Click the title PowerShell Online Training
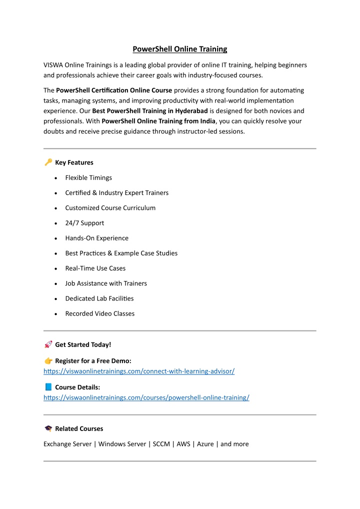179,49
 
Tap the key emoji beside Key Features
48,162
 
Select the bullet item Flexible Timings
88,177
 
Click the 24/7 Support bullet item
84,223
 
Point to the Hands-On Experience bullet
96,238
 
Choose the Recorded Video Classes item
99,313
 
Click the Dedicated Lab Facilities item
99,298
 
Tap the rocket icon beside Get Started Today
48,344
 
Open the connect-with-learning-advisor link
139,371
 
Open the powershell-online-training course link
146,397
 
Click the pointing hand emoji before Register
48,360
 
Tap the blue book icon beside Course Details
48,387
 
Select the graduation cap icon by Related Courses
48,428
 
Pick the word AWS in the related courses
183,444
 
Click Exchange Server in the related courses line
67,444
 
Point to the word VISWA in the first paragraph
54,65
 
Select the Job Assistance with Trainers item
106,283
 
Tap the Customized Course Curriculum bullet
110,208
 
